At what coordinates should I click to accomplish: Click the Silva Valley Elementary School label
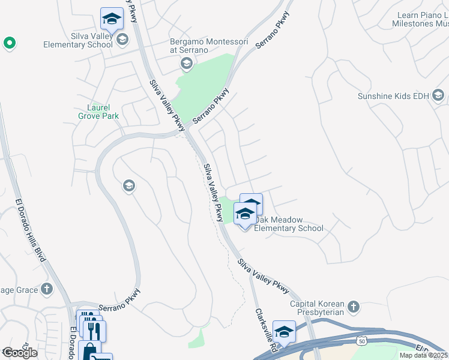click(x=77, y=40)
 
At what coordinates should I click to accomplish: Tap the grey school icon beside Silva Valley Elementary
click(x=122, y=40)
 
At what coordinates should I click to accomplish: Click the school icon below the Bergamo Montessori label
click(x=187, y=64)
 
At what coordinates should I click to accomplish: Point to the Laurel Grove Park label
click(x=98, y=112)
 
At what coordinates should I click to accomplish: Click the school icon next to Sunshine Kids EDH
click(x=438, y=95)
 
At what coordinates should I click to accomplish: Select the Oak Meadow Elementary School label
click(x=289, y=224)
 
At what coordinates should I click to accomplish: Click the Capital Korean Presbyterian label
click(x=317, y=307)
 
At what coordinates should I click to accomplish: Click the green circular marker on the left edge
click(x=9, y=43)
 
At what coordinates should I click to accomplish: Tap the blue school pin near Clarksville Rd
click(x=284, y=332)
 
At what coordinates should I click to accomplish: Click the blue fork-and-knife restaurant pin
click(x=95, y=331)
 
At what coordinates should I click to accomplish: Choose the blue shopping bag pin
click(x=89, y=350)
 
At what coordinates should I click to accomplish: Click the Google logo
click(x=20, y=353)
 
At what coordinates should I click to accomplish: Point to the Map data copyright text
click(x=424, y=355)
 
